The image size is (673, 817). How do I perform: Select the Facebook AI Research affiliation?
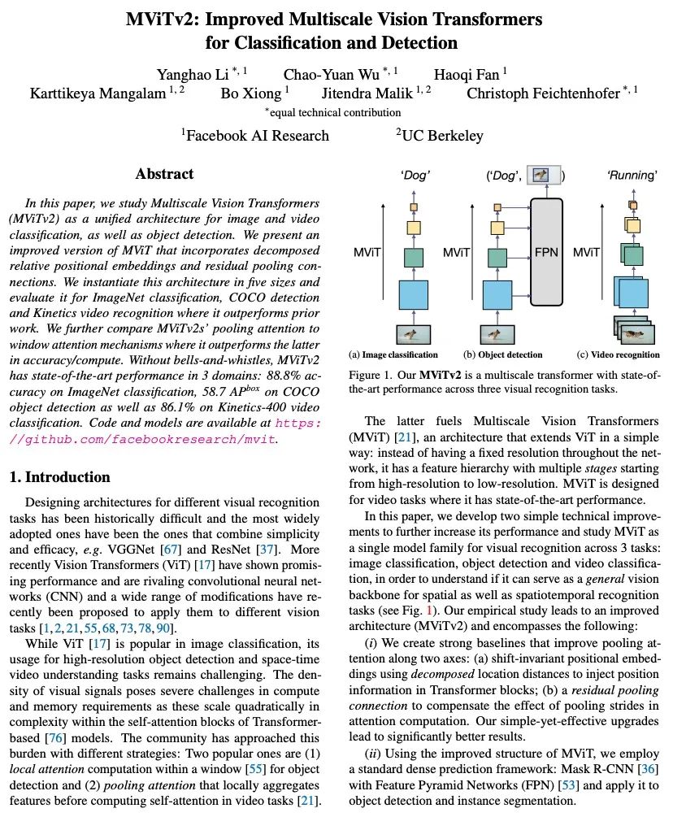[255, 136]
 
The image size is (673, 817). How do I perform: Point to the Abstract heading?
[165, 174]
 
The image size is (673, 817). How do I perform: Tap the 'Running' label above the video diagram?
[632, 175]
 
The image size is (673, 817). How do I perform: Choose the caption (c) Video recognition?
[617, 355]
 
